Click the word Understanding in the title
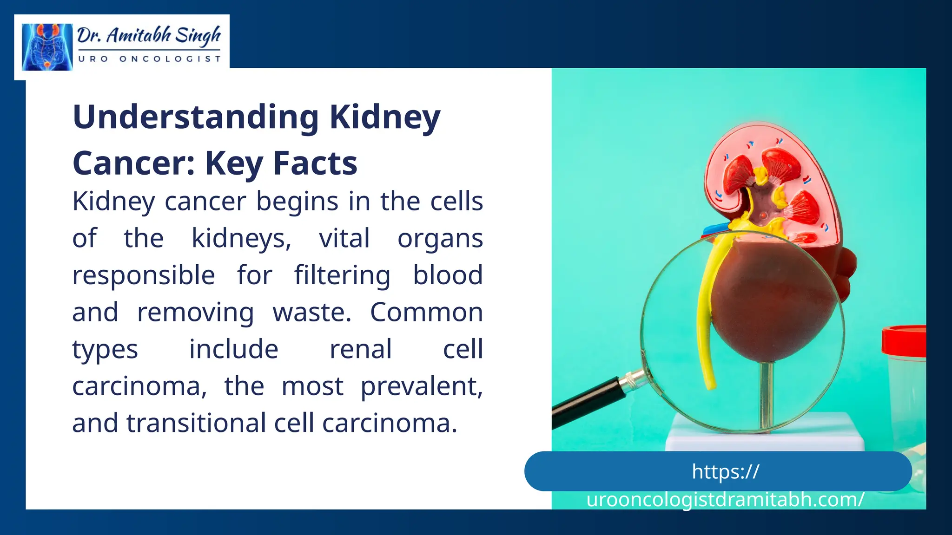[195, 117]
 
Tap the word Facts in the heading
[315, 163]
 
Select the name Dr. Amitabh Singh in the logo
[149, 35]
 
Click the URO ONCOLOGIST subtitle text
[150, 59]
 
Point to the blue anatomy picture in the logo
[47, 47]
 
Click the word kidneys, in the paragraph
[241, 239]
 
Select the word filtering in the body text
[342, 275]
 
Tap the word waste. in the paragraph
[312, 312]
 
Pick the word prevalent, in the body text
[422, 386]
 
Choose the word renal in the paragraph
[361, 349]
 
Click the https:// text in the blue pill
[725, 471]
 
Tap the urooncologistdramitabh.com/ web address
[725, 500]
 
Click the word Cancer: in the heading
[134, 163]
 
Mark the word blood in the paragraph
[448, 275]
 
